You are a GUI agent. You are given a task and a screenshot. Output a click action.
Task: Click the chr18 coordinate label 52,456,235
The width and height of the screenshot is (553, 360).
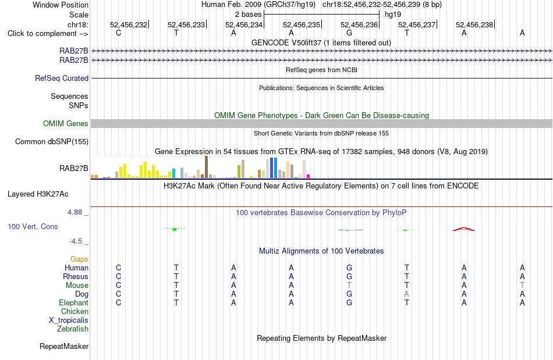302,24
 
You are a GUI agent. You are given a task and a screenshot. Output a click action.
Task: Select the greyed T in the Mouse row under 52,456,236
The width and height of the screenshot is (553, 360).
349,285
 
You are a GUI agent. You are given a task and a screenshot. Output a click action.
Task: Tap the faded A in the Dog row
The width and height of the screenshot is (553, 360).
407,294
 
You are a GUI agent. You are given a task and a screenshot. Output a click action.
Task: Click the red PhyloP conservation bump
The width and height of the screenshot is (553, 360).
464,229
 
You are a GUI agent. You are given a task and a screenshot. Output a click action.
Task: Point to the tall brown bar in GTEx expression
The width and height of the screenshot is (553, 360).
206,167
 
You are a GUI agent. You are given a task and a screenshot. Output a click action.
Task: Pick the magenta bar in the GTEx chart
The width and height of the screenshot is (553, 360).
309,176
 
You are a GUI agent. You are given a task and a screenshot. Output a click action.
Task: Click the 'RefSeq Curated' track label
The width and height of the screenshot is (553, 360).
62,78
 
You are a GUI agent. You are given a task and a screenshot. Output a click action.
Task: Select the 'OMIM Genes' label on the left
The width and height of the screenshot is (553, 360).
66,124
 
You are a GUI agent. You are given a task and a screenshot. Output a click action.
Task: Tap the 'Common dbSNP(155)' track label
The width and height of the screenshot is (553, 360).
52,141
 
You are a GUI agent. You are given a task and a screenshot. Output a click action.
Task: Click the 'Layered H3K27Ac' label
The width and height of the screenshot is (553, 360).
38,194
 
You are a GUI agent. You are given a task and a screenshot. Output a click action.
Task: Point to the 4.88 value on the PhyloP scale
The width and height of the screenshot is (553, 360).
75,212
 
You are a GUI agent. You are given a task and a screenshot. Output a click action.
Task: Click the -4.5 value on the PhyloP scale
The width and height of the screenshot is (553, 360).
76,241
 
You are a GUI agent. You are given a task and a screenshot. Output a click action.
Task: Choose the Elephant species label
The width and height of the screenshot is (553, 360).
74,302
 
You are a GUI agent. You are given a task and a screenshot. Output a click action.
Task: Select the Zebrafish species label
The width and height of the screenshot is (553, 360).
73,329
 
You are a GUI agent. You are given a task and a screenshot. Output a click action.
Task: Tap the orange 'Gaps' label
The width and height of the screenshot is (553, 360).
79,259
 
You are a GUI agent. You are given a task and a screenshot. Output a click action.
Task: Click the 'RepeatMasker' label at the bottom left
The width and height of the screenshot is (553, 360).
64,346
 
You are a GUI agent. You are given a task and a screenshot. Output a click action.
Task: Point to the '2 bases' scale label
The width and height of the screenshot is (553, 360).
249,15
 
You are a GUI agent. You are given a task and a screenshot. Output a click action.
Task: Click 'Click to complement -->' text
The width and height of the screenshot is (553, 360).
48,34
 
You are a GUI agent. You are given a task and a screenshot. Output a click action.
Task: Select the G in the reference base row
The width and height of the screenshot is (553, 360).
349,33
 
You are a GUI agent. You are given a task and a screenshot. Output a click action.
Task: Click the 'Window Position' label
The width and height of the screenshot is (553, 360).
61,5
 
